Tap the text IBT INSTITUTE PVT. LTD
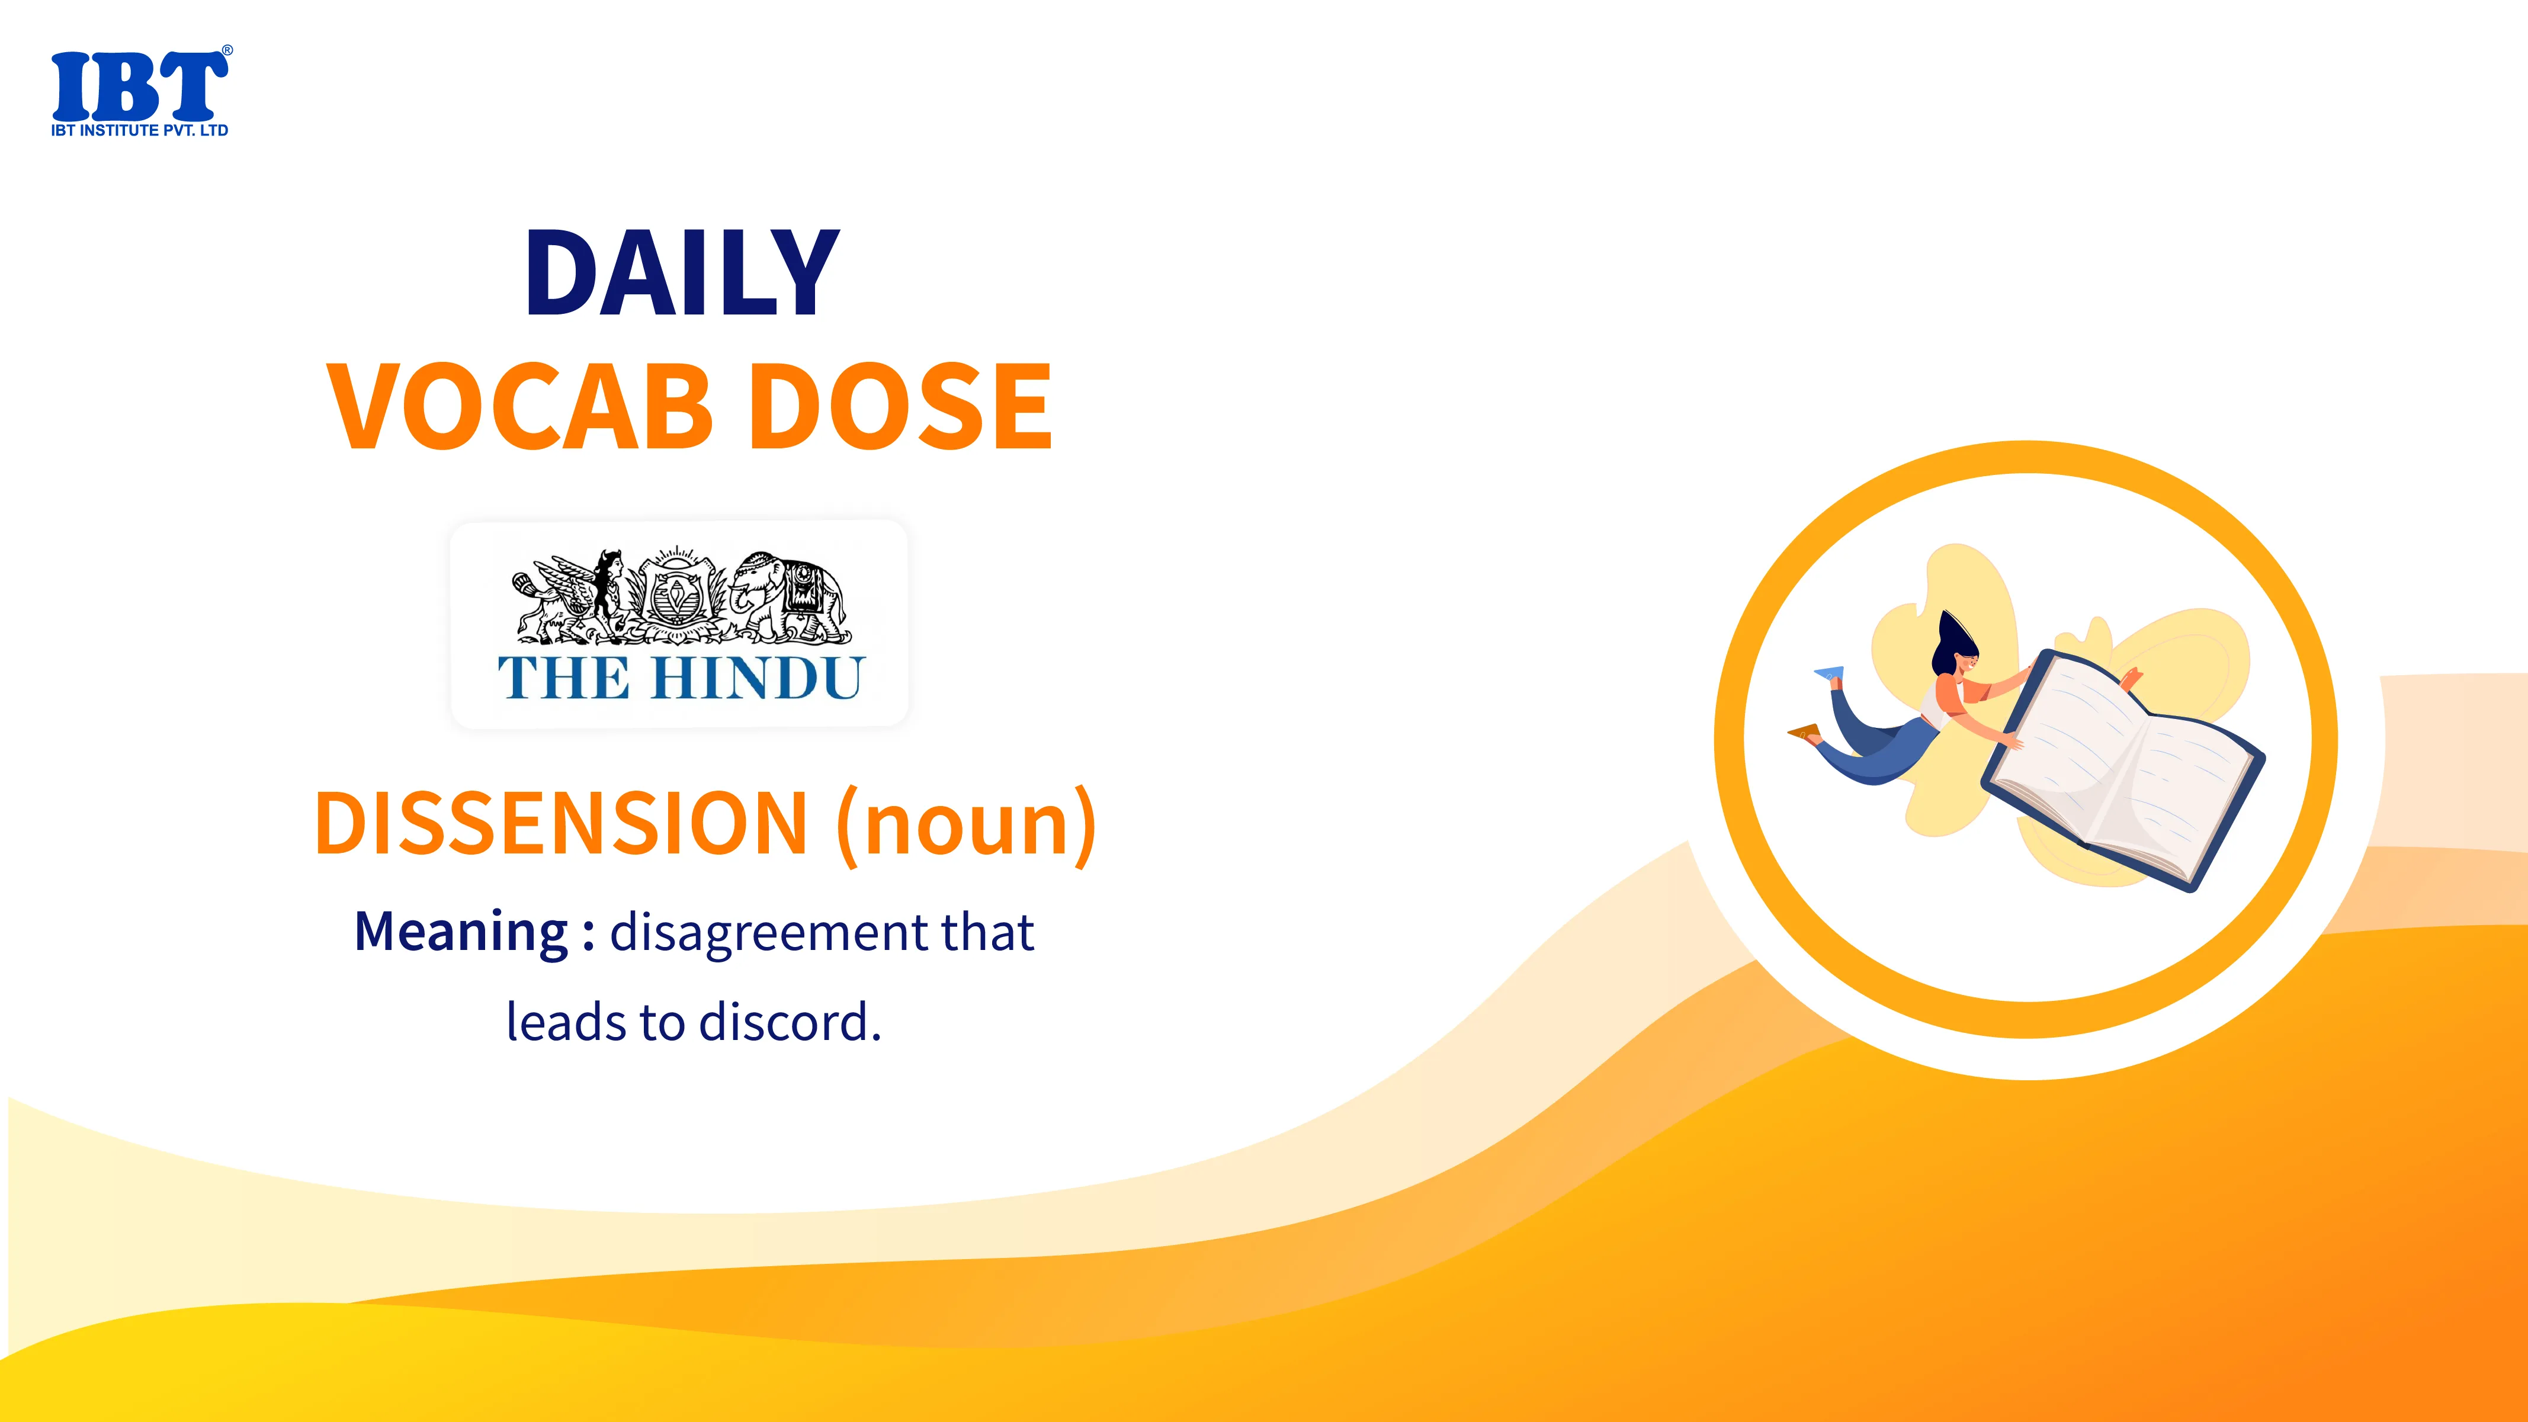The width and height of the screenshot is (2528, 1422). click(x=139, y=130)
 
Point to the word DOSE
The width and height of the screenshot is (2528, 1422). click(x=906, y=405)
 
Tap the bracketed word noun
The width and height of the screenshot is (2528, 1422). click(x=967, y=826)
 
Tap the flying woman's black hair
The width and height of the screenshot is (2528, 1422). click(x=1952, y=642)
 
